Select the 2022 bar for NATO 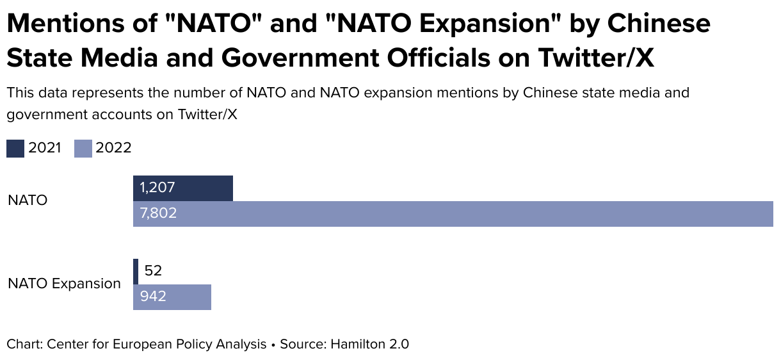[x=453, y=213]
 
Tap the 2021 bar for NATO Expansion [x=136, y=271]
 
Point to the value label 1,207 [x=157, y=188]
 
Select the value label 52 [x=153, y=271]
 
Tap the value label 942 [x=153, y=297]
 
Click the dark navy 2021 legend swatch [x=15, y=148]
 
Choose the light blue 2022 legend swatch [x=84, y=148]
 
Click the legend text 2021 [x=45, y=148]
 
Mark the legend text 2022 [x=113, y=148]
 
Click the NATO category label [x=28, y=200]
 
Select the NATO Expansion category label [x=64, y=283]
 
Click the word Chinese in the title [x=659, y=24]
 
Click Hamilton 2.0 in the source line [x=369, y=344]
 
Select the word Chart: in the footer [x=24, y=344]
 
